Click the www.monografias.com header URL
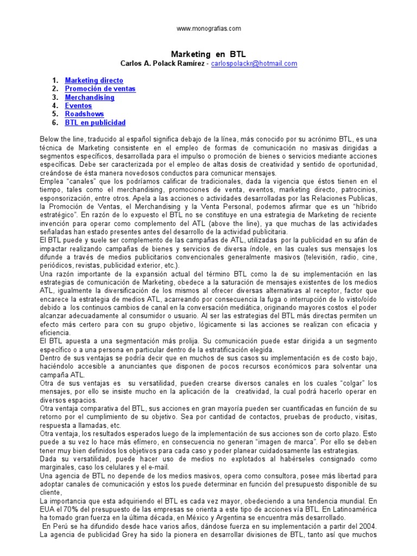click(208, 28)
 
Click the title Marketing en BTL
click(208, 54)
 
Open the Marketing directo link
click(94, 80)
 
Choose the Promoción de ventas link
click(100, 89)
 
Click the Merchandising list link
click(90, 97)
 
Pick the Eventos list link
click(79, 106)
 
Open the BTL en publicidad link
click(95, 123)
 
